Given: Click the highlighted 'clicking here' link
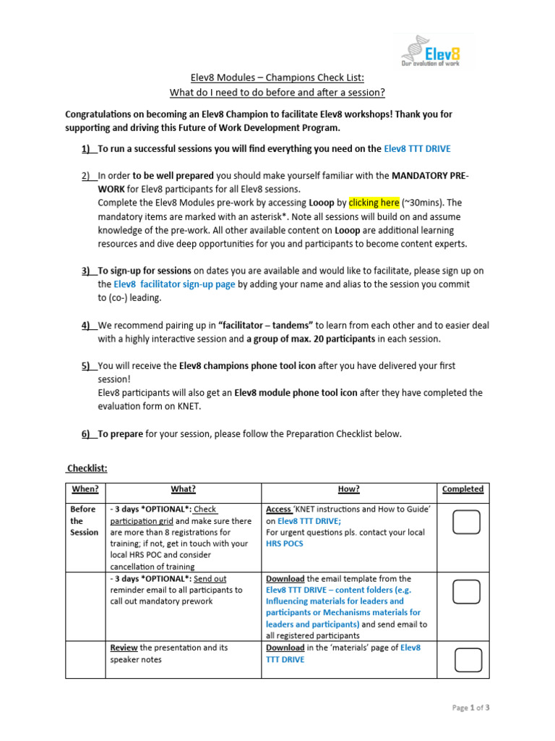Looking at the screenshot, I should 374,203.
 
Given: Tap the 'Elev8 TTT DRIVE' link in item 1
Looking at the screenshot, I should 417,148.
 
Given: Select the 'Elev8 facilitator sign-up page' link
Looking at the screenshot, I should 174,284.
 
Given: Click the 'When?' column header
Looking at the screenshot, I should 85,489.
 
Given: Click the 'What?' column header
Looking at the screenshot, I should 183,489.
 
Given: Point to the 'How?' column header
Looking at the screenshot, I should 348,489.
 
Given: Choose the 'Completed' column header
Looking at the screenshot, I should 462,489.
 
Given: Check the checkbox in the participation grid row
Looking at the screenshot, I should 467,522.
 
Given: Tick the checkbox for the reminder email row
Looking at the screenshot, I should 467,592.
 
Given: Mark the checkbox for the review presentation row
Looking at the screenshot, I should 468,659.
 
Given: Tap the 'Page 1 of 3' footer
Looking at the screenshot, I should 471,708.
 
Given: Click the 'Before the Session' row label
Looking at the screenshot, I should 84,520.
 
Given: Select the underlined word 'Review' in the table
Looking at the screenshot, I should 124,648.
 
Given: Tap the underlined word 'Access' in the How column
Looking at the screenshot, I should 279,509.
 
